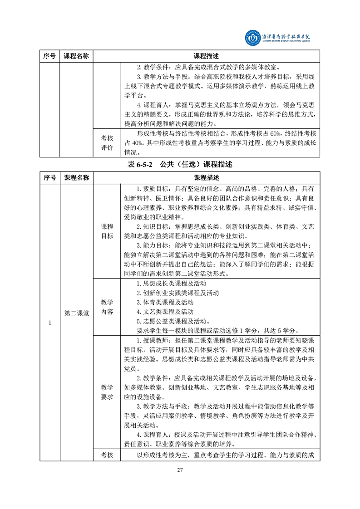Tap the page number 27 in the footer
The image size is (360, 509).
[180, 469]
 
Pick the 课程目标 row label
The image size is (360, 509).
[107, 231]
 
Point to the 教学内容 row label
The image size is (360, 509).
[107, 307]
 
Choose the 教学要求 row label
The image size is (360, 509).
[107, 392]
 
